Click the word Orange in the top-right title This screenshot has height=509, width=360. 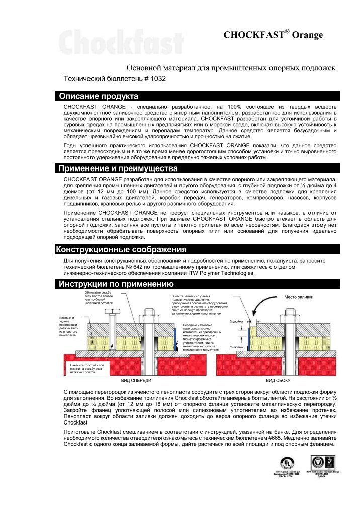[307, 35]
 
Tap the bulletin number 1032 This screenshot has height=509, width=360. [157, 79]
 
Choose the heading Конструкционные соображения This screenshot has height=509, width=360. [121, 250]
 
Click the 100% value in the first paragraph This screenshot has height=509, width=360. [235, 107]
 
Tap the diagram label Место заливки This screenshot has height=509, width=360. [298, 297]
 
